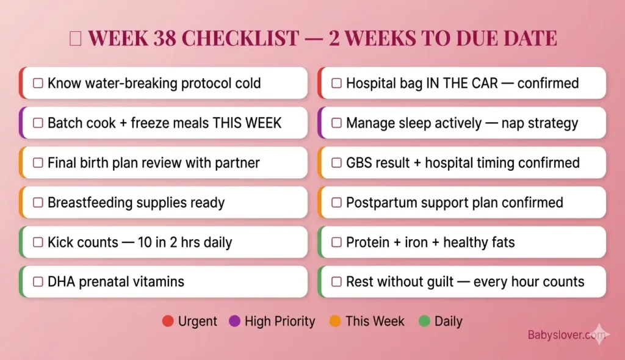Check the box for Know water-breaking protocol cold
(38, 83)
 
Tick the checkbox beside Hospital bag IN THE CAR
(336, 83)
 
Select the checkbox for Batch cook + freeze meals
(38, 123)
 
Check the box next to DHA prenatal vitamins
(38, 282)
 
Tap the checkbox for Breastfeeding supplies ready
(38, 203)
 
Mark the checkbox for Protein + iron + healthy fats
(336, 242)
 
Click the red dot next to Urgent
(168, 321)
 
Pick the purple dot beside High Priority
(234, 321)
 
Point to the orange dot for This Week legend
(334, 321)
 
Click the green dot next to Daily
(424, 321)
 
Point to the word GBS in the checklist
(359, 163)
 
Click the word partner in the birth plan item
(236, 163)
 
